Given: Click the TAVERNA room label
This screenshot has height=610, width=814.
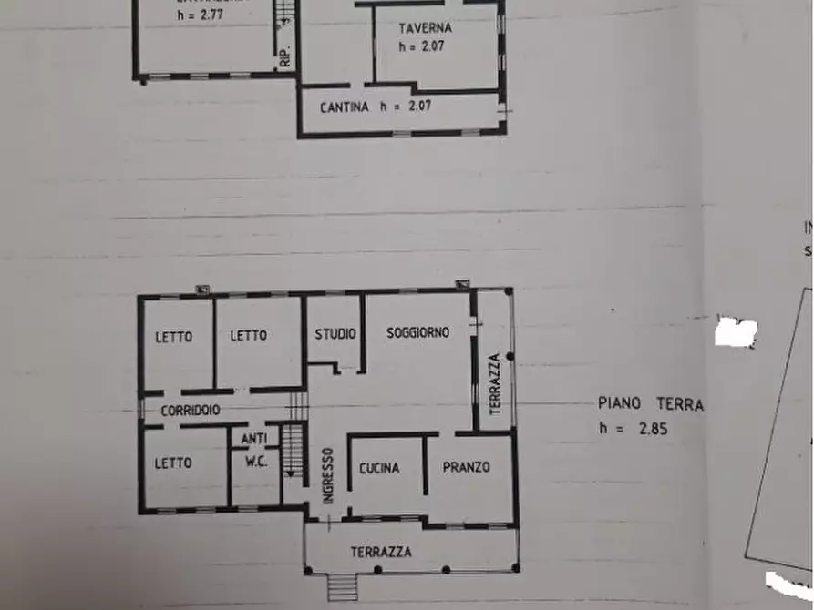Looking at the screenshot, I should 420,27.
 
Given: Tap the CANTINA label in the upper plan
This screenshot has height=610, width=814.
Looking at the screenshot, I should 345,107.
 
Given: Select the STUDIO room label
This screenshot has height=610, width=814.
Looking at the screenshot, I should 335,334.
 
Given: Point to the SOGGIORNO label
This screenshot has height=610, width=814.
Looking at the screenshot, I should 417,333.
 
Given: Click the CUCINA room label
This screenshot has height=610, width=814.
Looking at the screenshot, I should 379,468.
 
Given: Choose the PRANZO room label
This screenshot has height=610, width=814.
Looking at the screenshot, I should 466,467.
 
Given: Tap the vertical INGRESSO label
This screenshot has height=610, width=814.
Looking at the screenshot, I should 328,473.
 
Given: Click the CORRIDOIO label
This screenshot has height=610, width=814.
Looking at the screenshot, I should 191,411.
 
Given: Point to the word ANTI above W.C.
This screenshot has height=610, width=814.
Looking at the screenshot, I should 252,439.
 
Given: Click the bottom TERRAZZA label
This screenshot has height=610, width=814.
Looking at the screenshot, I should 381,552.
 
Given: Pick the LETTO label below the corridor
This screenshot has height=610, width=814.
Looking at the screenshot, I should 173,463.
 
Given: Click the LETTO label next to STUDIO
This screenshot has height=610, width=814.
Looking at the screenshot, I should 248,336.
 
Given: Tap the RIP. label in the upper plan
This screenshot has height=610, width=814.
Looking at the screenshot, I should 285,55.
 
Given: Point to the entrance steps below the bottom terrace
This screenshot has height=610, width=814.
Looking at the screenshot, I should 343,587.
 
